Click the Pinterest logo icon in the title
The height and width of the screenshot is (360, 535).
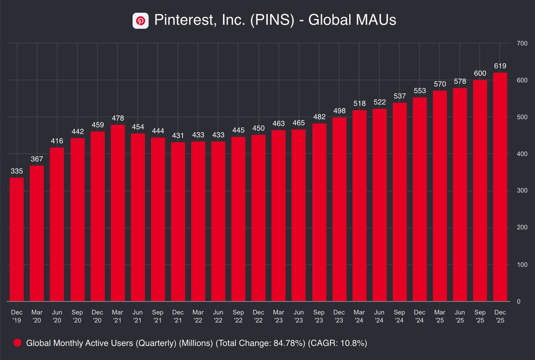click(x=140, y=20)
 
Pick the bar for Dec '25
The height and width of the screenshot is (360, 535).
click(x=500, y=187)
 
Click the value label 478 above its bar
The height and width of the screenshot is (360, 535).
click(x=118, y=118)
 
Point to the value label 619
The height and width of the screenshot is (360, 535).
click(x=500, y=66)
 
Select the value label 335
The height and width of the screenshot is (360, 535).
click(x=16, y=171)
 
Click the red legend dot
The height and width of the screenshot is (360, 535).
click(x=18, y=343)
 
